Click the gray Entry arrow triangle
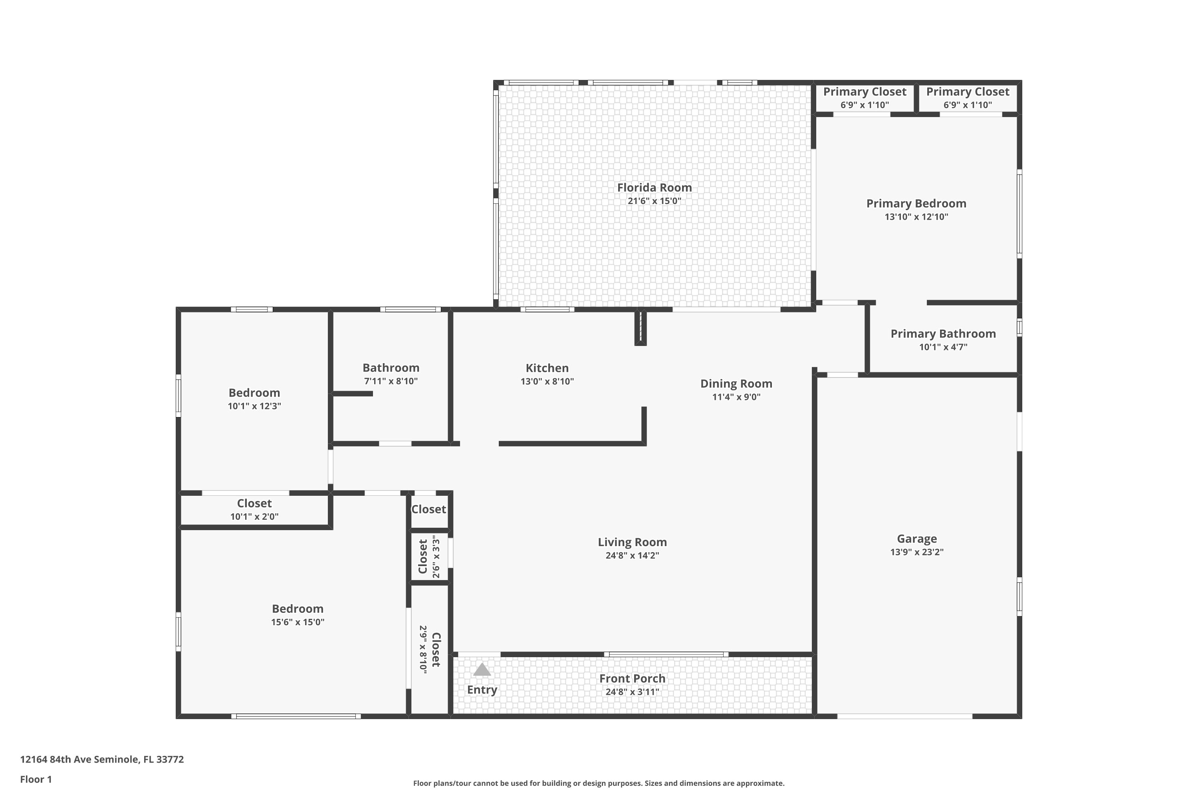pos(482,670)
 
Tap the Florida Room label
pos(655,187)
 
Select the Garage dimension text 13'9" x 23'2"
pos(917,552)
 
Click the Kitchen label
pos(547,368)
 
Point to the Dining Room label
pos(736,384)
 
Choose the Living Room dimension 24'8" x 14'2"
pos(632,555)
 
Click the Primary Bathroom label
pos(943,334)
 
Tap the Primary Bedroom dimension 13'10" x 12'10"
pos(916,217)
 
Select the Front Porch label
pos(632,679)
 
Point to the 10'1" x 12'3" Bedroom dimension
pos(254,406)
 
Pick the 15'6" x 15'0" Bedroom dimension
pos(298,622)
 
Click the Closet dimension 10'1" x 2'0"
pos(254,517)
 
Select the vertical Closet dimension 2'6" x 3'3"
pos(436,557)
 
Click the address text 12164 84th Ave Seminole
pos(79,759)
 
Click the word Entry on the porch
pos(482,690)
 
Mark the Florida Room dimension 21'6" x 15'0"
pos(655,201)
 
